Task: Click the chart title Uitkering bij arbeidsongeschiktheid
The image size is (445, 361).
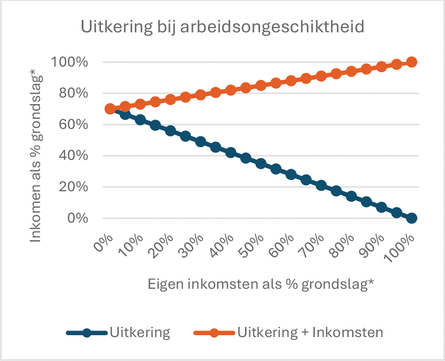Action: point(222,26)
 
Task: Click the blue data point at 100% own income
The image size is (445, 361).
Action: point(412,218)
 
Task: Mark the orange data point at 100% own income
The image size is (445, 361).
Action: point(412,62)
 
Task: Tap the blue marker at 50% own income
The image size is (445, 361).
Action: point(261,164)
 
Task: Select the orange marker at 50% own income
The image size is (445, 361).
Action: point(261,86)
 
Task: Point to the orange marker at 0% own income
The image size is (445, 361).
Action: point(110,109)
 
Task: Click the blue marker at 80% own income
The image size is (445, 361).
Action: point(352,196)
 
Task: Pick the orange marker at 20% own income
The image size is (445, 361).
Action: point(170,100)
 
